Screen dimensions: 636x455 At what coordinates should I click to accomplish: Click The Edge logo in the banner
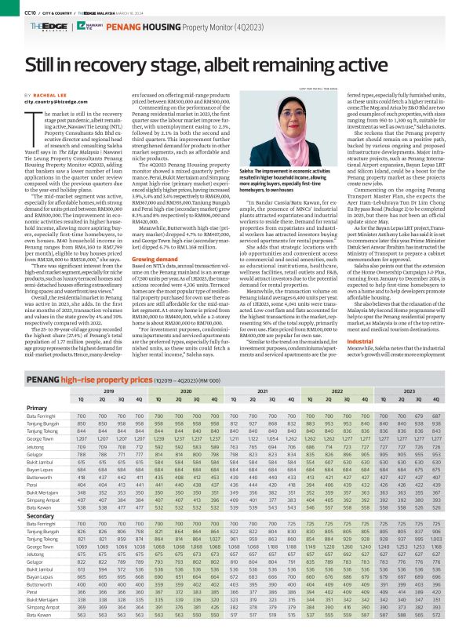tap(43, 26)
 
